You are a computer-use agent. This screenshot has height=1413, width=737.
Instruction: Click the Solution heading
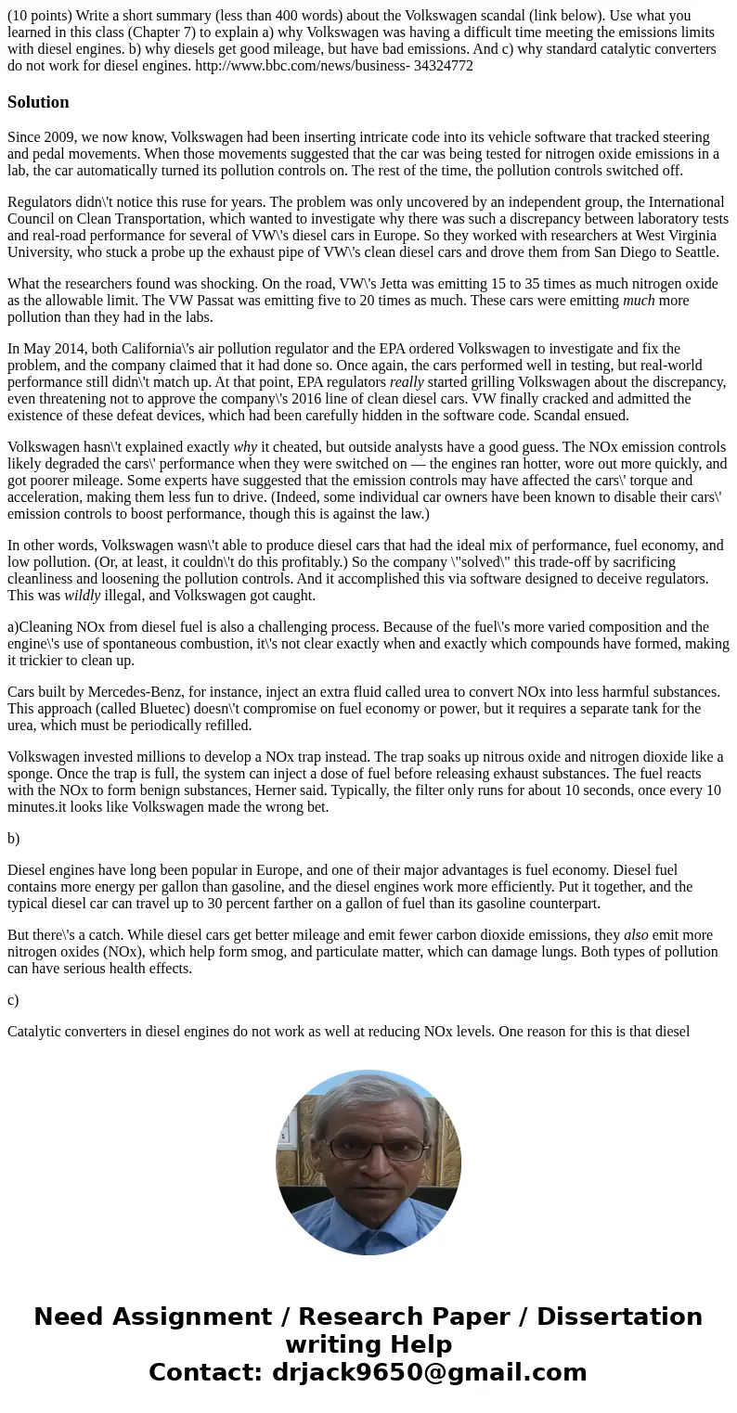pos(38,102)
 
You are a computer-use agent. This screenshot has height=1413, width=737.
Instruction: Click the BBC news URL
pos(334,66)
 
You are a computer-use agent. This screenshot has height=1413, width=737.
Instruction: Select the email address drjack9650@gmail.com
pos(430,1372)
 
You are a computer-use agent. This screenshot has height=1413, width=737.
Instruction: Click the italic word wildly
pos(82,595)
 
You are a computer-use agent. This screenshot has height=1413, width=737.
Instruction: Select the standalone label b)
pos(13,838)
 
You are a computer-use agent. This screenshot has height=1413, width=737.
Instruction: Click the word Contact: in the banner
pos(206,1372)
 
